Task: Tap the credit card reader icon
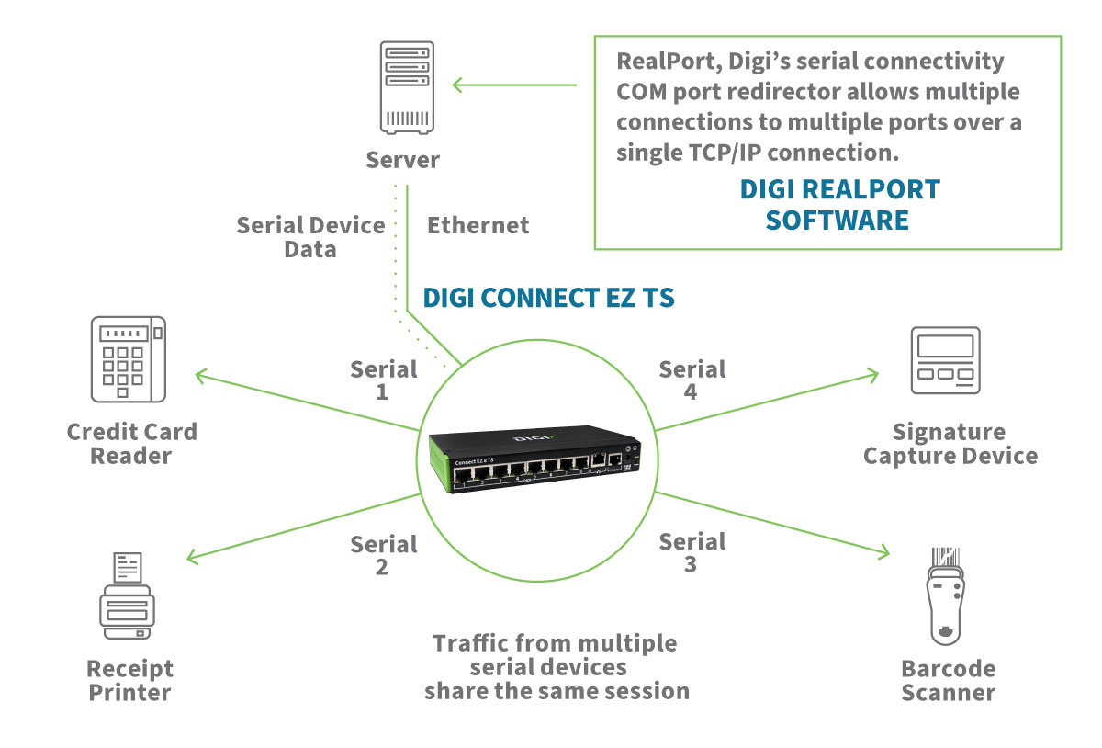129,359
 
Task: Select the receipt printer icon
127,596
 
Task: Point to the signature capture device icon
945,361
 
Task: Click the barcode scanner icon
947,596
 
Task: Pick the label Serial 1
384,380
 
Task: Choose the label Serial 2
384,555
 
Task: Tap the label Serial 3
692,552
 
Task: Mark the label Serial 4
692,380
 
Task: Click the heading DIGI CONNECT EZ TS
548,298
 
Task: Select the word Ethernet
478,225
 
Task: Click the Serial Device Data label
311,236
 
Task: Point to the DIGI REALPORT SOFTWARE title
839,205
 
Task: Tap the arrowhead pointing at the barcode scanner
883,552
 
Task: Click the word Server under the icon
403,160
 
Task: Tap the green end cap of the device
440,469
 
